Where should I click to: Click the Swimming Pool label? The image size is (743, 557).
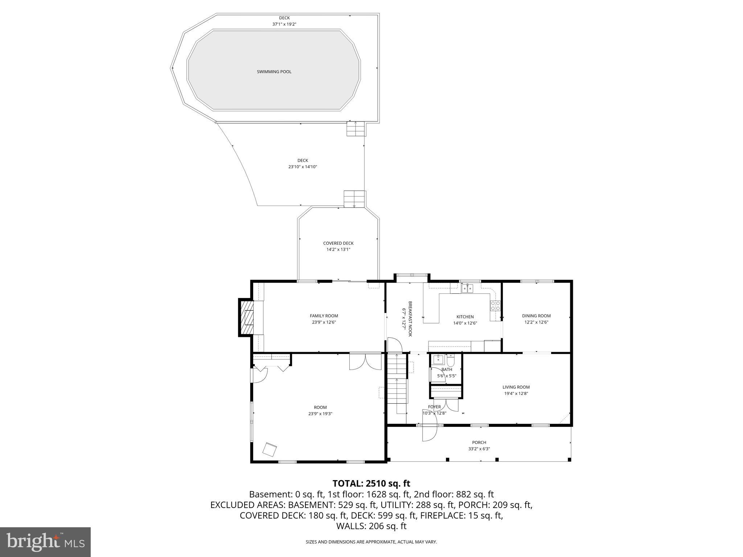(x=274, y=72)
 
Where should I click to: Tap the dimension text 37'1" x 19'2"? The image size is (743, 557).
(x=284, y=24)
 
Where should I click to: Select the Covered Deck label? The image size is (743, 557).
(x=338, y=243)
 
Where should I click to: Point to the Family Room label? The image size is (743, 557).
(x=324, y=316)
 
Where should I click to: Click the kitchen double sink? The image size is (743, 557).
(x=467, y=289)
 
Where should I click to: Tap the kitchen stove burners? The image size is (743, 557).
(x=495, y=306)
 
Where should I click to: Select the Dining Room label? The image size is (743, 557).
(x=536, y=316)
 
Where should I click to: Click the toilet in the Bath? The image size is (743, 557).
(x=450, y=361)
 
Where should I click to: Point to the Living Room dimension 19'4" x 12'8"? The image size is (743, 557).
(x=516, y=393)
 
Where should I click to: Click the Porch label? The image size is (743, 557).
(x=479, y=442)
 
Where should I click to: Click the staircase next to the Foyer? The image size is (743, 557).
(x=397, y=384)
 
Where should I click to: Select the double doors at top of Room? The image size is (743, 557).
(x=365, y=362)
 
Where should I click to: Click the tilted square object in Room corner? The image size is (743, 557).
(x=270, y=449)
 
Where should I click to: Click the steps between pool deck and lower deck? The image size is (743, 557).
(x=355, y=129)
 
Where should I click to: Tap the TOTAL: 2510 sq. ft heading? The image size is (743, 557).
(x=371, y=483)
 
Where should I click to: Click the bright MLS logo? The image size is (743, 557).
(x=45, y=542)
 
